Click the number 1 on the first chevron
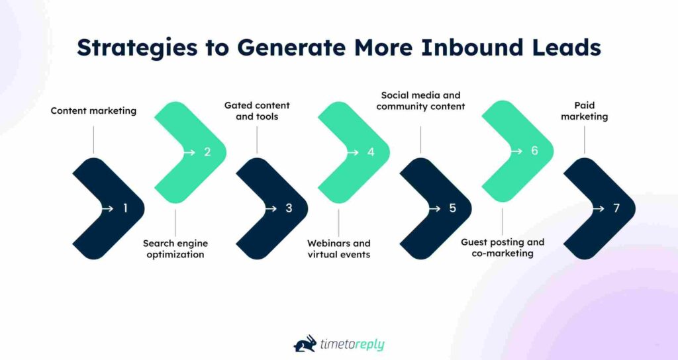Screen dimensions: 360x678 tap(125, 208)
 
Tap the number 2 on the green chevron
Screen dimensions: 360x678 tap(207, 152)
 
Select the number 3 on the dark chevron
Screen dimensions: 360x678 tap(289, 208)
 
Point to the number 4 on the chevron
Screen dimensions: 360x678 tap(371, 152)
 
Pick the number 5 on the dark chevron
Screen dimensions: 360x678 tap(453, 208)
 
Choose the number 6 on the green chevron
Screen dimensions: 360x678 tap(534, 152)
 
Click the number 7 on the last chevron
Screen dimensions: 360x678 tap(616, 208)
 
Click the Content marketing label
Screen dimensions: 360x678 tap(93, 111)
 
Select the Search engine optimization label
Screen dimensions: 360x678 tap(173, 249)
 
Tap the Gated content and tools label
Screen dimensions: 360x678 tap(257, 111)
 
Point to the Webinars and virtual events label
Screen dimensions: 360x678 tap(338, 249)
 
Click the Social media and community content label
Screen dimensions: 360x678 tap(420, 101)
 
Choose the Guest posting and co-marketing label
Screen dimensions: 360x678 tap(502, 247)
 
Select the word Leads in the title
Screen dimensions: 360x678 tap(565, 48)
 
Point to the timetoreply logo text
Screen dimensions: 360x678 tap(352, 345)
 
